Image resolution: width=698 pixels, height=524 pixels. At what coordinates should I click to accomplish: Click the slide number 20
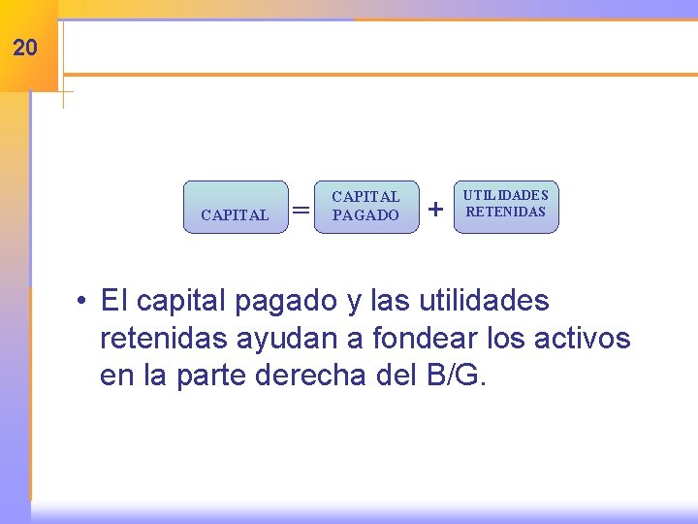point(25,48)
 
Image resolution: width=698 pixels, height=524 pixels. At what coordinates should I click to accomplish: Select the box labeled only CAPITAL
point(236,208)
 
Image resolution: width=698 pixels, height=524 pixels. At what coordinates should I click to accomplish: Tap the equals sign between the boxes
point(301,209)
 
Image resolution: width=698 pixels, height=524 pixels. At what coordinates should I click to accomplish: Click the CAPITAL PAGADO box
point(366,207)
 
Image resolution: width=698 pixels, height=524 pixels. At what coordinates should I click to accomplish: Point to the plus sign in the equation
point(436,209)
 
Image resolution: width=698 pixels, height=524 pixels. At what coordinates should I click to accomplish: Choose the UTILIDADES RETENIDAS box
point(506,207)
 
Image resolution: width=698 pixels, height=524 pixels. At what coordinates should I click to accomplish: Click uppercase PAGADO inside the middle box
point(365,215)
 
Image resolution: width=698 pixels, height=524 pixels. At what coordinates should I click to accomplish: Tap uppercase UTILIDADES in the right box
point(506,196)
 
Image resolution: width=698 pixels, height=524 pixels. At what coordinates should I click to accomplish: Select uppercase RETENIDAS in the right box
point(506,212)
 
